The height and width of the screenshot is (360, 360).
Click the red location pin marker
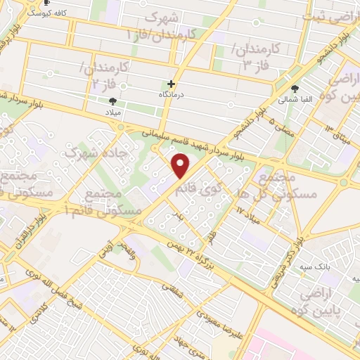pyautogui.click(x=181, y=165)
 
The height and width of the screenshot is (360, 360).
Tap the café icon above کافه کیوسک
pyautogui.click(x=46, y=2)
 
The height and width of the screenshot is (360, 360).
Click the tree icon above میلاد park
pyautogui.click(x=113, y=101)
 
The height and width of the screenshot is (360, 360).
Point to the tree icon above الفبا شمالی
pyautogui.click(x=295, y=89)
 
